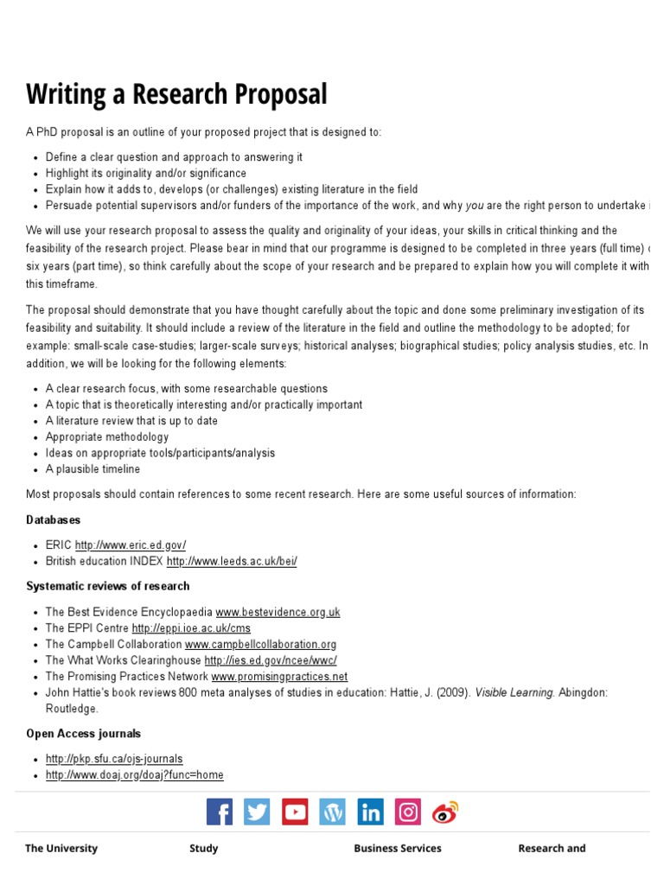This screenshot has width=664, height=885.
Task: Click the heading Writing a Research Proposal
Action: coord(176,93)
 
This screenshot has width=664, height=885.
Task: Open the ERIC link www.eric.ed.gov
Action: coord(131,545)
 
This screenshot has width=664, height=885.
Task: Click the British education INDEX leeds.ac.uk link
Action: coord(232,561)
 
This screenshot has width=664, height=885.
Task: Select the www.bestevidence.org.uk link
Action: coord(278,612)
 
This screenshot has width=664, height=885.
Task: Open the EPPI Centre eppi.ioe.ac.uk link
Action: coord(191,628)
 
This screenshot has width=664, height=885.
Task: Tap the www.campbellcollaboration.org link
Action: coord(260,645)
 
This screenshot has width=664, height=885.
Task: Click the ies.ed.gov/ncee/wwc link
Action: coord(271,660)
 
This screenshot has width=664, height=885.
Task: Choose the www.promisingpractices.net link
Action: coord(279,677)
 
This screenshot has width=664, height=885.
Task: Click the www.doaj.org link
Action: coord(135,775)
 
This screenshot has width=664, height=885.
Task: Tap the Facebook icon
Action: coord(220,812)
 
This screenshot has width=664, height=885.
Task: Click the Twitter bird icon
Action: coord(257,812)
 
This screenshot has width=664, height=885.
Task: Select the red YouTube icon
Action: coord(295,812)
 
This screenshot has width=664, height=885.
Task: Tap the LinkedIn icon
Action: coord(370,812)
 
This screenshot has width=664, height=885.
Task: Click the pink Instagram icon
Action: coord(408,812)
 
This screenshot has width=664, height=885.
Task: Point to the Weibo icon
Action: coord(445,812)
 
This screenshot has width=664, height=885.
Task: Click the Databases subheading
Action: coord(53,520)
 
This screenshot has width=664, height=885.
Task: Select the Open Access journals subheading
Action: coord(83,734)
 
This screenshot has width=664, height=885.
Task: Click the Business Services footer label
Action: coord(398,849)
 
